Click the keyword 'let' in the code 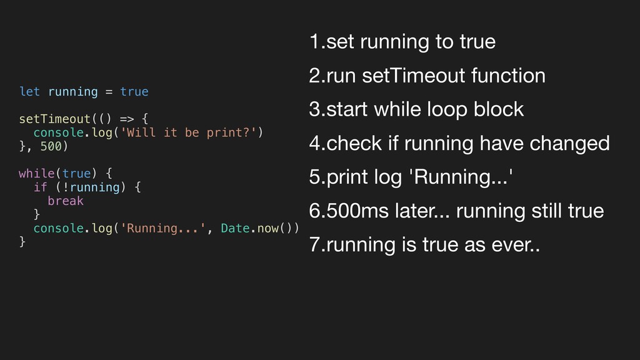click(29, 92)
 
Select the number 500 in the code click(51, 146)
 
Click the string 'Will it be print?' click(195, 132)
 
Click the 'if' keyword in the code click(40, 187)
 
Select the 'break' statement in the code click(65, 201)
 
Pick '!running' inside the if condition click(90, 187)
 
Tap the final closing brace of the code click(22, 241)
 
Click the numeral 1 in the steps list click(314, 42)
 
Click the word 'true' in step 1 click(477, 42)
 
